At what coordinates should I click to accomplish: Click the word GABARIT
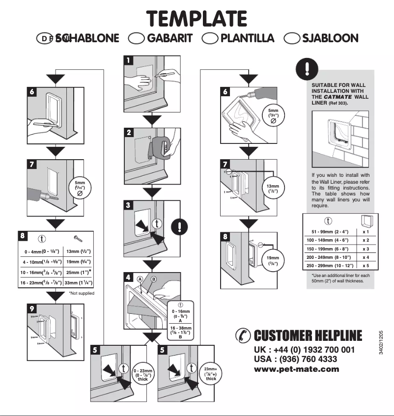click(x=169, y=38)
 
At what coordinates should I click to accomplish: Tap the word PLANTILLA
click(x=247, y=38)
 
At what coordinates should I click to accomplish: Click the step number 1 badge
click(x=128, y=60)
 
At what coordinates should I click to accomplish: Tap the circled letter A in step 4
click(x=140, y=278)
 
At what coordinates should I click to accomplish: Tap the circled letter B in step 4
click(x=153, y=279)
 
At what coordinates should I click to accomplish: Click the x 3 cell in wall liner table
click(x=366, y=249)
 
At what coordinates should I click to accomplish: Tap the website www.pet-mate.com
click(x=296, y=369)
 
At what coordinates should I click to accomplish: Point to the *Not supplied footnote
click(x=82, y=293)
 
